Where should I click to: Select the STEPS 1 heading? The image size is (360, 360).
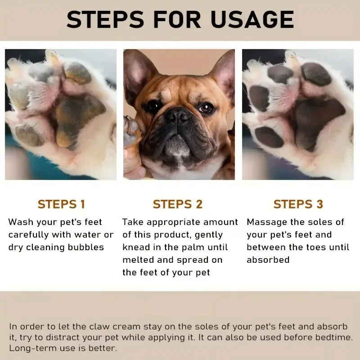click(61, 204)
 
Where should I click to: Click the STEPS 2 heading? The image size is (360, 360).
click(178, 204)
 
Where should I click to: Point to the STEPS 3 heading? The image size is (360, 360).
click(298, 204)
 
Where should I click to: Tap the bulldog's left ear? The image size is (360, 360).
click(139, 72)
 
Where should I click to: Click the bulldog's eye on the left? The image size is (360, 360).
click(152, 107)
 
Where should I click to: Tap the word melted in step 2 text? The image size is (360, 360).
click(137, 260)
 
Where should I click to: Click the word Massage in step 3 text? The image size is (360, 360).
click(265, 222)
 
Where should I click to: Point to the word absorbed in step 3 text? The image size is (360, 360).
click(268, 260)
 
